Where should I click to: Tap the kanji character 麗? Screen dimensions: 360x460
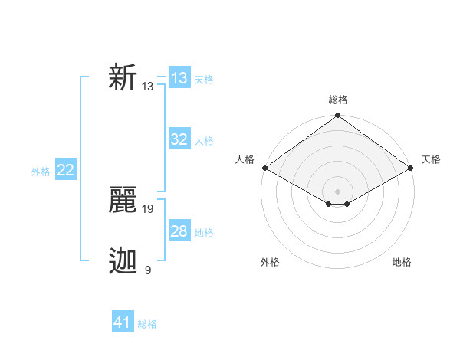pos(123,201)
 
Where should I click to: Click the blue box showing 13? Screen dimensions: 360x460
pos(179,78)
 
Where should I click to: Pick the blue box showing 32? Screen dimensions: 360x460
pos(179,139)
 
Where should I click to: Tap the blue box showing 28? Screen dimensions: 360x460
pos(179,231)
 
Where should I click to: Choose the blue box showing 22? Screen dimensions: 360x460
pos(66,170)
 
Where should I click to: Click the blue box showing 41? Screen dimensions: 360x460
pos(123,322)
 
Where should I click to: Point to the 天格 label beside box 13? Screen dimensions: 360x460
pos(204,80)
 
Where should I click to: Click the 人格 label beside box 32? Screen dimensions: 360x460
pos(204,141)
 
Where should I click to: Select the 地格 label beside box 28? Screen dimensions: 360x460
pos(204,233)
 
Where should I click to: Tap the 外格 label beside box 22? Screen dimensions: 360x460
pos(41,172)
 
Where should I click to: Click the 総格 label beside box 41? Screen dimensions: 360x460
pos(147,324)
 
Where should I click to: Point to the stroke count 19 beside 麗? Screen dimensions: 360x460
pos(148,208)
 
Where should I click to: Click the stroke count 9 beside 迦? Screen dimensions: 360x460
pos(147,270)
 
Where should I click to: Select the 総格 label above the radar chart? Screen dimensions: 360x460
pos(337,100)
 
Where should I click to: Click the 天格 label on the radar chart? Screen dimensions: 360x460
pos(431,159)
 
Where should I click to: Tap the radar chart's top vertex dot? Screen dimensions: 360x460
pos(337,116)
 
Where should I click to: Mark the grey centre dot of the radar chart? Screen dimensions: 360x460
pos(337,191)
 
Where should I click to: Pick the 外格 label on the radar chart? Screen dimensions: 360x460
pos(270,262)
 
